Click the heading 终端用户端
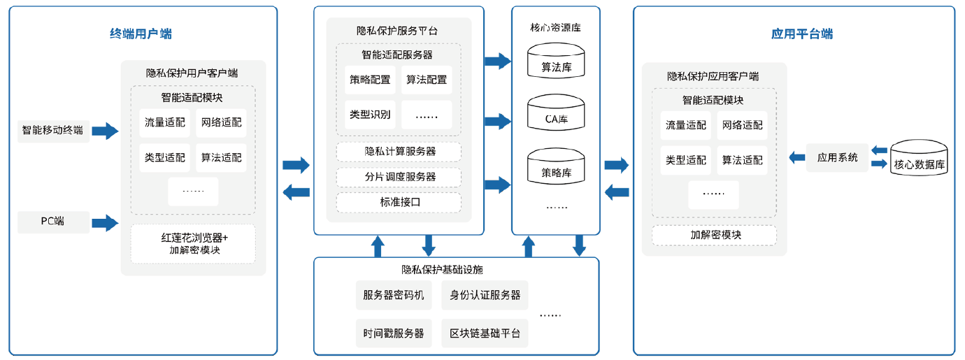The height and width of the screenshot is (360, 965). (141, 34)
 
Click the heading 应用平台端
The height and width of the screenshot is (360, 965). (802, 34)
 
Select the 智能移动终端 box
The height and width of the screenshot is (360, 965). (53, 131)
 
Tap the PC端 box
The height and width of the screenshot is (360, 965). (53, 222)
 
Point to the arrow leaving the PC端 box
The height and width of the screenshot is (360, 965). (105, 223)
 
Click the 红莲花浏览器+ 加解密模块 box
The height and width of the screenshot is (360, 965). (194, 244)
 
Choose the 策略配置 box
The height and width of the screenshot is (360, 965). (370, 80)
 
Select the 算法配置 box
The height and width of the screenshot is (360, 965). (427, 80)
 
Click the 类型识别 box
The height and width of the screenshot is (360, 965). (370, 115)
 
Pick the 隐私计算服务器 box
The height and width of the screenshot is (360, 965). (399, 152)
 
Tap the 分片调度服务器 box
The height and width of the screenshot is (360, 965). (399, 177)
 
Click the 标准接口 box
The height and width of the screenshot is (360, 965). (399, 203)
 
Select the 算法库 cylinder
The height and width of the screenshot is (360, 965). (556, 61)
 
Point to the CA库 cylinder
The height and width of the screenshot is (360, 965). (556, 113)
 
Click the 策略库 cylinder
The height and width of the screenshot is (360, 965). (556, 166)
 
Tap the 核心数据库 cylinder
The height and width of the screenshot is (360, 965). (919, 157)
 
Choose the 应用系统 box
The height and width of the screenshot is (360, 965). (837, 157)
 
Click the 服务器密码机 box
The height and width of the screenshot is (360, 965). (394, 295)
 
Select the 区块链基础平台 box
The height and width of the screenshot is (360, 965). (485, 333)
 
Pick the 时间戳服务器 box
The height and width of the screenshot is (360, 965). (394, 333)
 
